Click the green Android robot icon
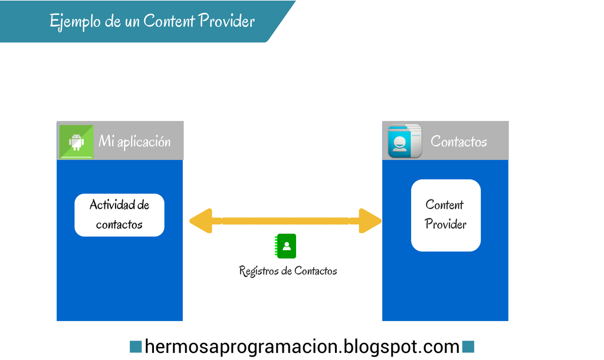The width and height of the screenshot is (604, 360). click(76, 142)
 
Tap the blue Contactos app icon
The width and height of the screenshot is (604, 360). click(404, 141)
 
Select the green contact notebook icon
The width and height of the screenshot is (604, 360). click(286, 246)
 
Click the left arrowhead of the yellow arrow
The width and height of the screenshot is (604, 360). click(201, 221)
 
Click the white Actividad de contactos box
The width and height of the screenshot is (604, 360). click(119, 215)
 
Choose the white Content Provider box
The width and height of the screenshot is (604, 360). click(445, 215)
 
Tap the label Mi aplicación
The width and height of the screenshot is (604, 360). click(134, 142)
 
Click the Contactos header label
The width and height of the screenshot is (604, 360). click(458, 142)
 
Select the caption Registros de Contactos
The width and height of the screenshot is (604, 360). click(288, 271)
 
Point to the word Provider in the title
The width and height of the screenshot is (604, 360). click(227, 21)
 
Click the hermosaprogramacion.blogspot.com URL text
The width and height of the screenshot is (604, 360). click(301, 346)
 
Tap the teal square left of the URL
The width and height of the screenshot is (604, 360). click(135, 346)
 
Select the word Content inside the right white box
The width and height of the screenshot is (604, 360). click(445, 205)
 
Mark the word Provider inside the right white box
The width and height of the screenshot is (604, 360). click(445, 224)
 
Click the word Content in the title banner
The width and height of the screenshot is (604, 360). click(169, 21)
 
